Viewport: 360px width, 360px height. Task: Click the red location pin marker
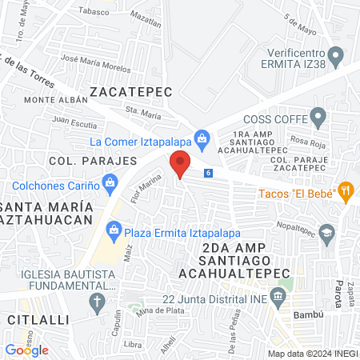click(x=180, y=164)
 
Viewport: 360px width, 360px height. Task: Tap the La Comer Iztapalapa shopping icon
click(x=202, y=141)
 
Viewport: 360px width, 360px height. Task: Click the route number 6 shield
click(x=208, y=173)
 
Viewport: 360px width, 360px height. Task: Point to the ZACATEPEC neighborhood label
click(x=131, y=92)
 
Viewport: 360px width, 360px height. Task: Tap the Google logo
click(x=27, y=350)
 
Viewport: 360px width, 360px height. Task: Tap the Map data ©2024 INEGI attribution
click(x=311, y=354)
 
